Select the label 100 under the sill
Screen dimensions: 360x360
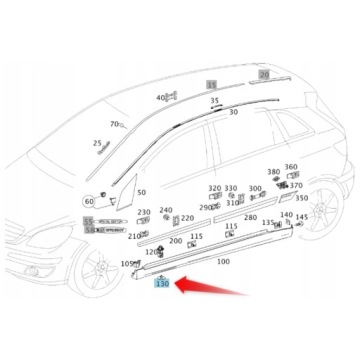[222, 261]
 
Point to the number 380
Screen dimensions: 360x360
[273, 171]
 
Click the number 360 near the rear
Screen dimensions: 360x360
[291, 167]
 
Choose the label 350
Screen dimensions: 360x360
[301, 198]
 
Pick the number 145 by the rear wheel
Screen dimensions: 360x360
[302, 216]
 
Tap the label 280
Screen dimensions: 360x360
[250, 217]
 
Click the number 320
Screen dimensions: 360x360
[214, 188]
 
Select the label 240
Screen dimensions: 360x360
[166, 211]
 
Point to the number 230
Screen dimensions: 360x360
[144, 212]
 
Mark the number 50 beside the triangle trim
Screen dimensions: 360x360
[141, 192]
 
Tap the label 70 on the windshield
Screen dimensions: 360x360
[114, 124]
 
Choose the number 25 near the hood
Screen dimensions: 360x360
[97, 143]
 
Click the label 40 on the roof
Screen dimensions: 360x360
[160, 98]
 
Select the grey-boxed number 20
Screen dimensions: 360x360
[264, 74]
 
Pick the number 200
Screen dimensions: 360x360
[176, 241]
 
